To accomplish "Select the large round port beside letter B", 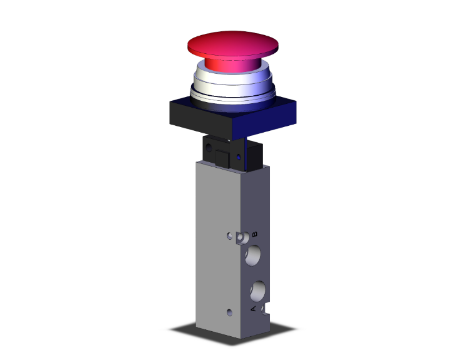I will [254, 255].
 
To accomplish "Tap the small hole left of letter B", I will [230, 237].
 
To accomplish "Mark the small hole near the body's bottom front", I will [230, 311].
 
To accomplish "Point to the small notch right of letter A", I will [266, 308].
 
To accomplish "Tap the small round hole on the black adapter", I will [207, 148].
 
